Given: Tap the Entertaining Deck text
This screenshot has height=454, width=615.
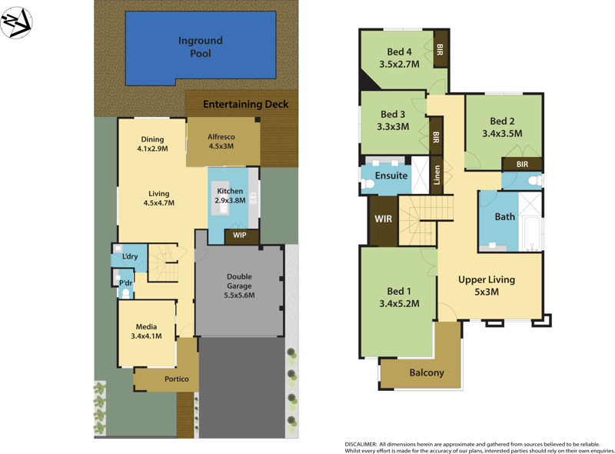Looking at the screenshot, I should (245, 104).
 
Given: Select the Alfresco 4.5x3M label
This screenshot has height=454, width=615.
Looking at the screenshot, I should (221, 142).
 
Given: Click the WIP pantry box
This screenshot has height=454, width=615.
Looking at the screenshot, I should (241, 235).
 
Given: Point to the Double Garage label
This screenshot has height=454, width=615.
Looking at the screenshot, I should (239, 285).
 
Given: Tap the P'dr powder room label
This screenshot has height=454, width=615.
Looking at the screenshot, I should (125, 283).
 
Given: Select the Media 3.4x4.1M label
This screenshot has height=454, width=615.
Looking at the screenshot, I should (146, 332).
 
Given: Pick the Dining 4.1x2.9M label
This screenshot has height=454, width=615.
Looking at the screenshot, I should (151, 144).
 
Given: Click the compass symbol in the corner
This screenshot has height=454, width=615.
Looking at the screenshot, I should (16, 23).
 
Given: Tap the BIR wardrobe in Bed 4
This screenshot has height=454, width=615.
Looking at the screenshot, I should (440, 48).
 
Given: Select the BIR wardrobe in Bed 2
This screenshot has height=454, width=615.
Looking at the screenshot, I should (522, 164).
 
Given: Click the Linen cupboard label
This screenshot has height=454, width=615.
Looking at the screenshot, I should (437, 176).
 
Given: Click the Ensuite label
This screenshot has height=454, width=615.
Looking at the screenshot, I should (391, 176).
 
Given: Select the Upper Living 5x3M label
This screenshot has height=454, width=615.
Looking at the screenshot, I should (487, 285).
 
